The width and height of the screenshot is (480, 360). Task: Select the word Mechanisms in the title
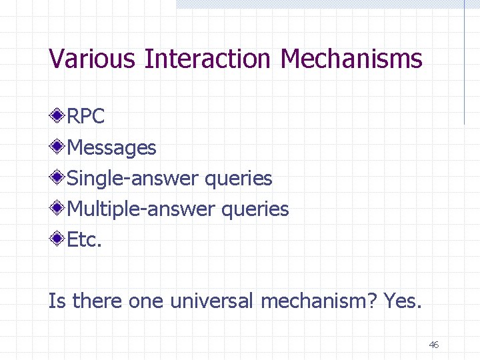tap(351, 59)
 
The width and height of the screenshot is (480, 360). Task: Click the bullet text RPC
tap(86, 117)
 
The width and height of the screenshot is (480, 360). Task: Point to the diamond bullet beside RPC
tap(58, 116)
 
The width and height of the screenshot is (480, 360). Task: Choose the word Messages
tap(112, 147)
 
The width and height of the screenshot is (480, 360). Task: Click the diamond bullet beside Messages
tap(58, 147)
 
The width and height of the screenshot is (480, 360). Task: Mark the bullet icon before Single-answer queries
tap(58, 177)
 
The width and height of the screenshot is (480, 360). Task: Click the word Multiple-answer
tap(141, 209)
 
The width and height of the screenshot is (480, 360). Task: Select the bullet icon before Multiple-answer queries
tap(58, 209)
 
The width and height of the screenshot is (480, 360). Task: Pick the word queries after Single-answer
tap(239, 179)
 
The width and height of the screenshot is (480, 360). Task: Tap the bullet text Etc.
tap(85, 240)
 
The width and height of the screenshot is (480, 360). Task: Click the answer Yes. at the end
tap(403, 301)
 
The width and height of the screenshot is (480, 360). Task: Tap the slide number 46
tap(433, 345)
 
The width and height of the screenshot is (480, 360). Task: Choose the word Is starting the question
tap(57, 301)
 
